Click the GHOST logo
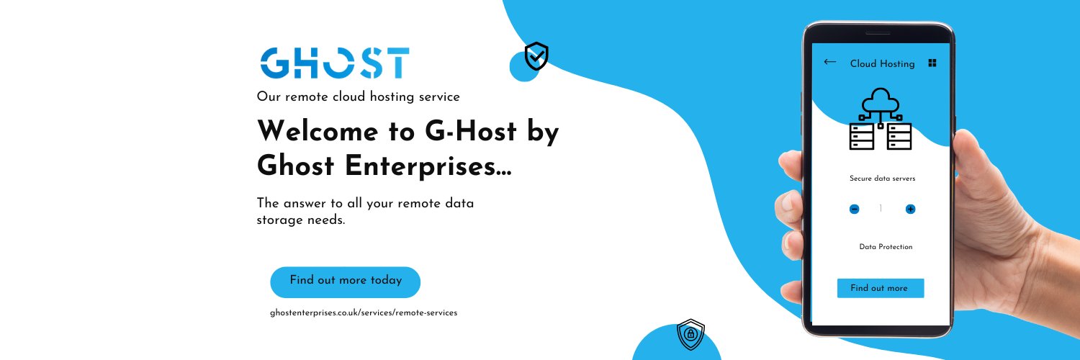tap(335, 63)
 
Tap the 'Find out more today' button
tap(345, 282)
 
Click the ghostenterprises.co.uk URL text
tap(364, 312)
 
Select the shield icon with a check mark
tap(536, 56)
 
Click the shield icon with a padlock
tap(690, 334)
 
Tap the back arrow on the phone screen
tap(829, 62)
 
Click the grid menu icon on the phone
tap(932, 63)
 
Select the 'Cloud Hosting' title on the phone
tap(882, 63)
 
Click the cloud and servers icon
tap(881, 119)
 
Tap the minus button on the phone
tap(854, 209)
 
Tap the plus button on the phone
tap(910, 209)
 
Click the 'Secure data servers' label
tap(882, 179)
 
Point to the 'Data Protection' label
tap(886, 247)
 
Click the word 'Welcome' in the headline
tap(318, 131)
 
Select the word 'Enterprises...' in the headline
tap(428, 166)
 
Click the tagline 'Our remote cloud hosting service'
tap(359, 96)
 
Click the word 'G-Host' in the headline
tap(471, 131)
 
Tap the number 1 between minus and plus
tap(881, 208)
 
